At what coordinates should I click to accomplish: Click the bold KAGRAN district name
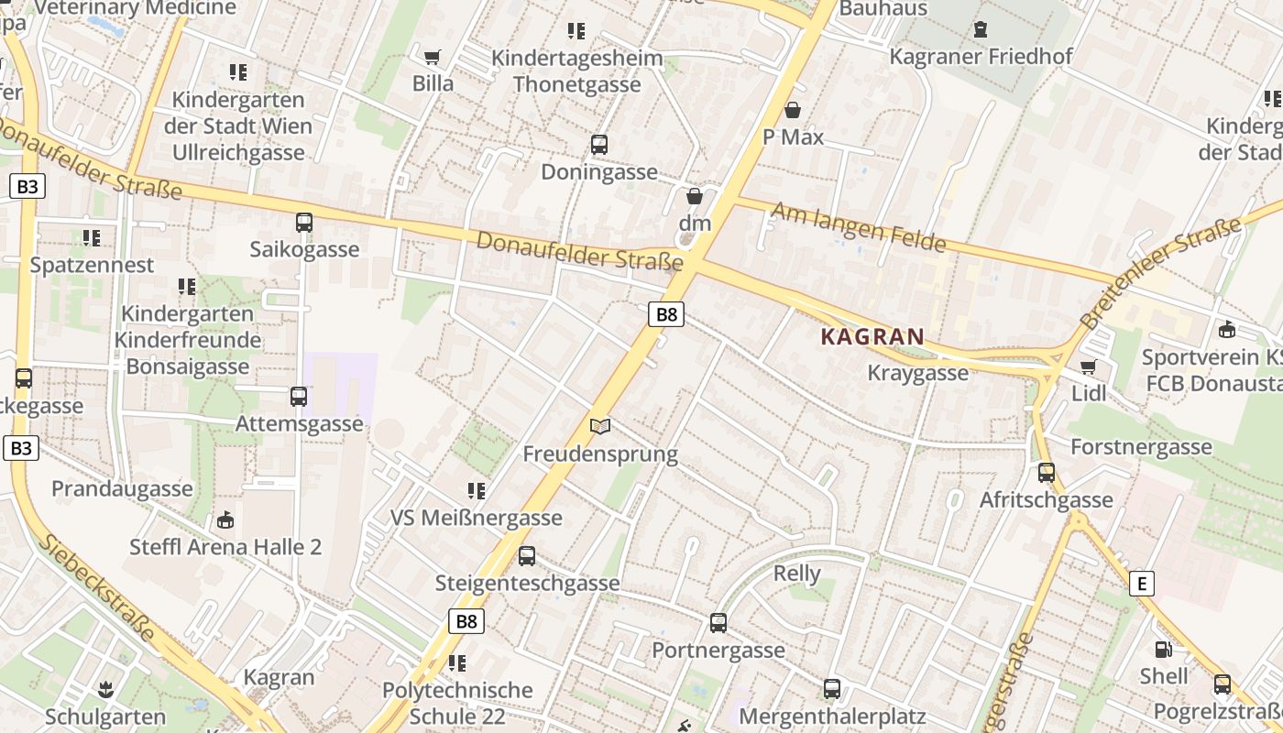pyautogui.click(x=872, y=336)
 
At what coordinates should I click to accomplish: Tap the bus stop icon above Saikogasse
pyautogui.click(x=304, y=223)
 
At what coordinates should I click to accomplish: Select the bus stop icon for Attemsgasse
pyautogui.click(x=299, y=397)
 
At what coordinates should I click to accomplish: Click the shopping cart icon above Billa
pyautogui.click(x=433, y=57)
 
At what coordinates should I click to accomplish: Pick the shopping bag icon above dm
pyautogui.click(x=695, y=196)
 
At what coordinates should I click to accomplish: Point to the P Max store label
pyautogui.click(x=794, y=137)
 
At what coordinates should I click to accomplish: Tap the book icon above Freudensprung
pyautogui.click(x=600, y=426)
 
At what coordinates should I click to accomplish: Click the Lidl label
pyautogui.click(x=1089, y=393)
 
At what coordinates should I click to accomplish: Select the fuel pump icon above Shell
pyautogui.click(x=1163, y=650)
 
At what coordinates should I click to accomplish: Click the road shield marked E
pyautogui.click(x=1141, y=584)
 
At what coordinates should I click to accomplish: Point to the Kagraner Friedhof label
pyautogui.click(x=981, y=57)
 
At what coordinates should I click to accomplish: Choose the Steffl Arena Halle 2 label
pyautogui.click(x=225, y=547)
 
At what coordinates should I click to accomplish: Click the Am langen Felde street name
pyautogui.click(x=858, y=227)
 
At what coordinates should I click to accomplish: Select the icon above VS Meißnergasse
pyautogui.click(x=476, y=491)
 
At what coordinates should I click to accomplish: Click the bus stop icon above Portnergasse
pyautogui.click(x=718, y=623)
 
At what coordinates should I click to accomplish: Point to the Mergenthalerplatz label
pyautogui.click(x=832, y=716)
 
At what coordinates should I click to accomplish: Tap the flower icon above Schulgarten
pyautogui.click(x=105, y=689)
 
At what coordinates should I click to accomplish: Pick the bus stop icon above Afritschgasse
pyautogui.click(x=1047, y=473)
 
